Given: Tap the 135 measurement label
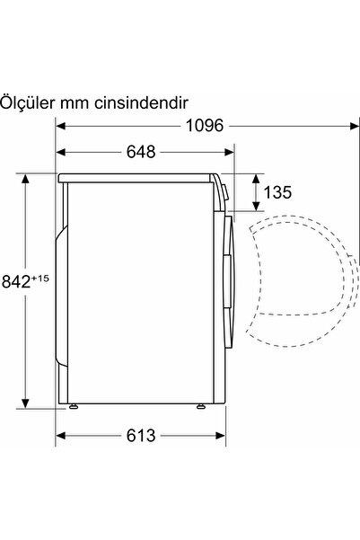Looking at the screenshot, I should (x=278, y=191).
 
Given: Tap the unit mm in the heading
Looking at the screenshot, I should (x=75, y=103).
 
